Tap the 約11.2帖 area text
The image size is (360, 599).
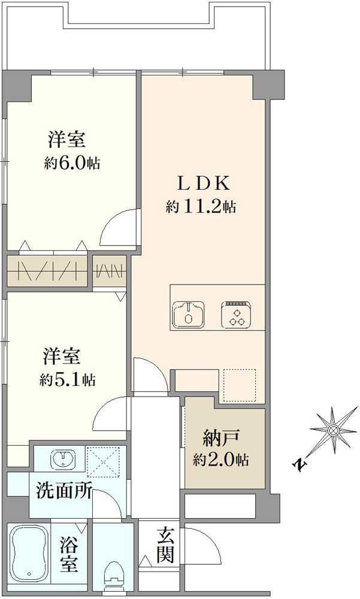tap(201, 207)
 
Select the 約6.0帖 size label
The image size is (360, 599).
tap(72, 164)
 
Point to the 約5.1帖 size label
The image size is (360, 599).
tap(67, 379)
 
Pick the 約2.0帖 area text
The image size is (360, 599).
tap(221, 461)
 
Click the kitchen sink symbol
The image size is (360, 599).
tap(189, 314)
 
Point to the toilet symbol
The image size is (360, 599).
tap(113, 576)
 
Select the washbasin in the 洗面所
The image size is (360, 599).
tap(62, 459)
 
